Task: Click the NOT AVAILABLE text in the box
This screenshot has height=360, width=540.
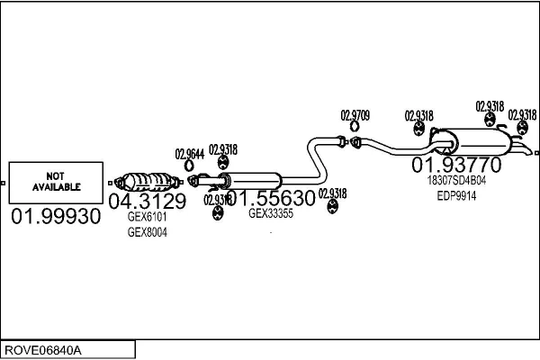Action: coord(57,181)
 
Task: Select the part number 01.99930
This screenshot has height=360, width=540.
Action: coord(56,219)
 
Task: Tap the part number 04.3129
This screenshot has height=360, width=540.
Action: coord(147,202)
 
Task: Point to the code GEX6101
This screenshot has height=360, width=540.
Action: coord(147,217)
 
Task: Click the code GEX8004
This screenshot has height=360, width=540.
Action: coord(147,232)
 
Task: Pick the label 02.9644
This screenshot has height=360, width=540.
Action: coord(190,153)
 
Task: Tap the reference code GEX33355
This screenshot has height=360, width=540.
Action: coord(271,213)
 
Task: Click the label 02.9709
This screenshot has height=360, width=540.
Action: coord(355,115)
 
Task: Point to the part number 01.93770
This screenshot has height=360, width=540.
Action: coord(456,166)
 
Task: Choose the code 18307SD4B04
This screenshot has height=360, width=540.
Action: coord(456,180)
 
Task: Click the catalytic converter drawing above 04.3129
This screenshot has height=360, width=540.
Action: coord(147,179)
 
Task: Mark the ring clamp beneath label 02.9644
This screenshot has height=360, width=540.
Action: coord(190,166)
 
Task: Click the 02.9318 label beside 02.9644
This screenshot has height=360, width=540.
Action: coord(223,149)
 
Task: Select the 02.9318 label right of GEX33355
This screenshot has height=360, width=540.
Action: coord(332,193)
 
